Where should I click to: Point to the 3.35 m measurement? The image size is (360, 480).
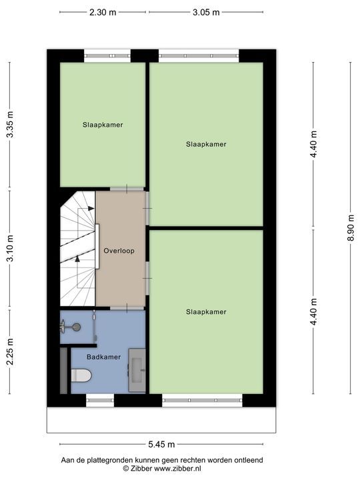(x=10, y=125)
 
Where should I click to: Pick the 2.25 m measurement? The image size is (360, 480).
(x=10, y=351)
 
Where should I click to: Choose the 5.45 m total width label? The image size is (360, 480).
(x=161, y=445)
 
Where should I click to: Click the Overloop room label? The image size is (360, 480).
(x=119, y=251)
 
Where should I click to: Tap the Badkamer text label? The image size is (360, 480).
(x=104, y=357)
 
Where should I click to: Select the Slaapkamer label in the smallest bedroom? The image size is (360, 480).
(x=103, y=125)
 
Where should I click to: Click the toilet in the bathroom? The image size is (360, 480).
(x=81, y=375)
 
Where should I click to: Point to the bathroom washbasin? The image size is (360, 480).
(x=137, y=367)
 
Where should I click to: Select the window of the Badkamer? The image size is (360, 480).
(x=100, y=401)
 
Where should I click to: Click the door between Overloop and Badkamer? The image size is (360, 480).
(x=120, y=307)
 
